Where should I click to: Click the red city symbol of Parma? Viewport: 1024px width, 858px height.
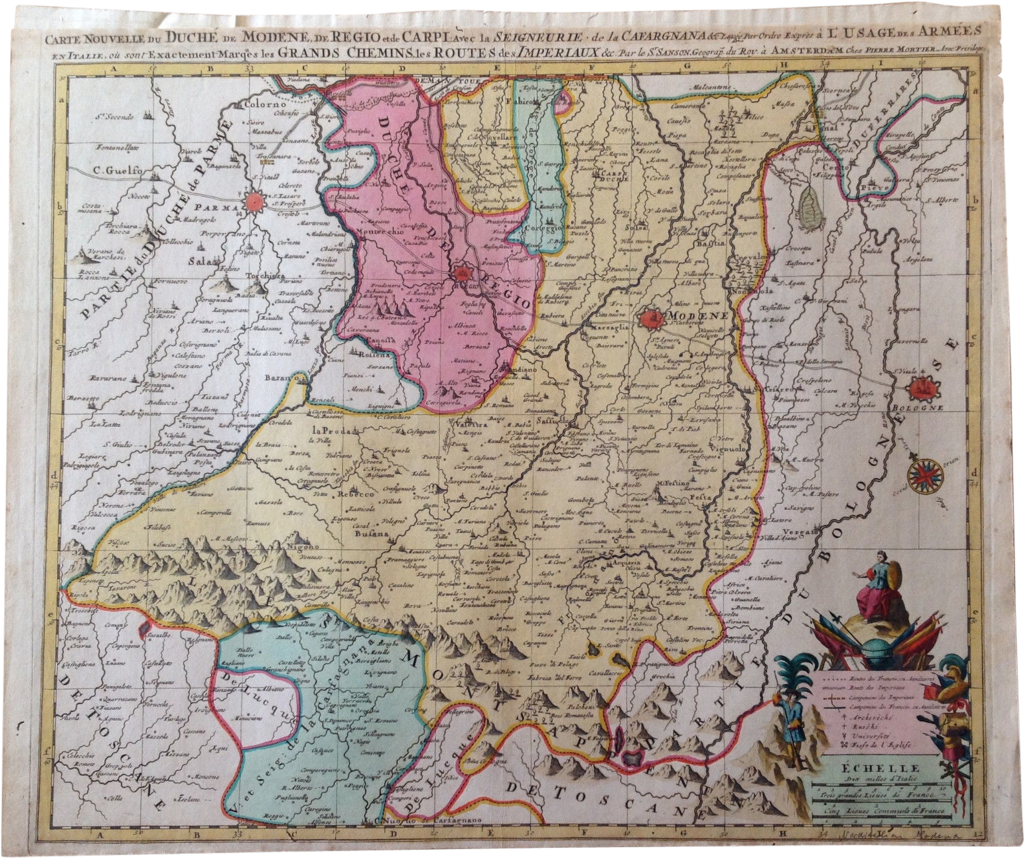click(x=256, y=201)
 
